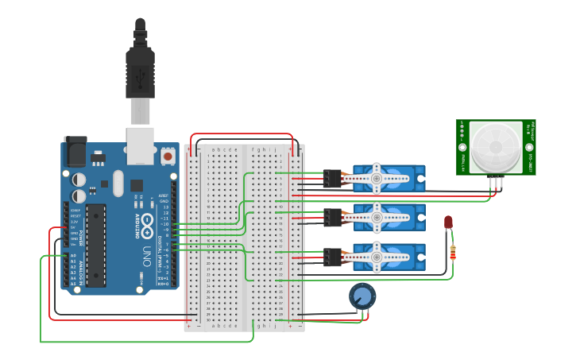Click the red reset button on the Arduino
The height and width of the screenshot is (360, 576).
click(168, 157)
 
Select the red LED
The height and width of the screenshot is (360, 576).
click(448, 223)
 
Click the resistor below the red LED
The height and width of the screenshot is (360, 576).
click(453, 252)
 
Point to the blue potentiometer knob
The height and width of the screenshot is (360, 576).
click(362, 296)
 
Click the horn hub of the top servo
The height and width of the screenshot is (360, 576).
click(376, 179)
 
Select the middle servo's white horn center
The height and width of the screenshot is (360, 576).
click(376, 216)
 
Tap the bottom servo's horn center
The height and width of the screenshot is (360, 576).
click(376, 256)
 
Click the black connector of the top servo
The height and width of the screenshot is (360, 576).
click(331, 179)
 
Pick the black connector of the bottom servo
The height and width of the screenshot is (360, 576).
click(331, 256)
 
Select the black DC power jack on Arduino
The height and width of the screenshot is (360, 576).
click(75, 150)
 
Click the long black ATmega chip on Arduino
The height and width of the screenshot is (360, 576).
click(96, 245)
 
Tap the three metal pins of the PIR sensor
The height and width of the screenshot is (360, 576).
click(497, 183)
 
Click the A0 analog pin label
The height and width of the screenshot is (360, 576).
click(73, 255)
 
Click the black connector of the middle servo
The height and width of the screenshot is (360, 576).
click(331, 217)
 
